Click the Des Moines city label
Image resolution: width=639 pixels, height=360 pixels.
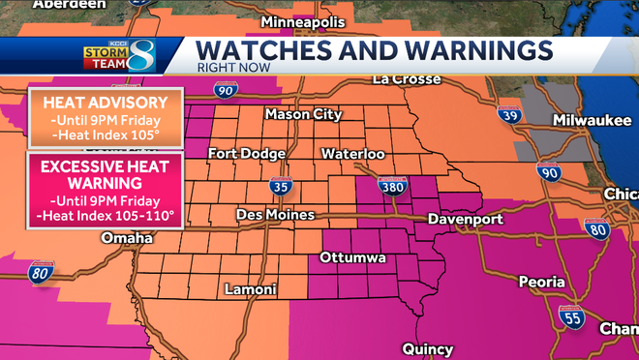(x=276, y=214)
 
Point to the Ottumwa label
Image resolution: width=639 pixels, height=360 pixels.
(x=352, y=257)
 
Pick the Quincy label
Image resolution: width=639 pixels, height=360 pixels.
(x=426, y=348)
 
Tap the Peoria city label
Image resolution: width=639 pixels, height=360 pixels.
(x=540, y=282)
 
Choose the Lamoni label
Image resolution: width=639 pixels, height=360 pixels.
(x=250, y=289)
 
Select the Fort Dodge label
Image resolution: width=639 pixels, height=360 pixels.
(x=248, y=154)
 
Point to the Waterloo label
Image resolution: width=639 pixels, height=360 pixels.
(x=353, y=154)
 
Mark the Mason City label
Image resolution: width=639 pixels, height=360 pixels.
(x=303, y=114)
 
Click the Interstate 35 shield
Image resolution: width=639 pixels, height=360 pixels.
(x=280, y=186)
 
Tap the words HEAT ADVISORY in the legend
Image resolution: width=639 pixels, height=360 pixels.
(x=106, y=104)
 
